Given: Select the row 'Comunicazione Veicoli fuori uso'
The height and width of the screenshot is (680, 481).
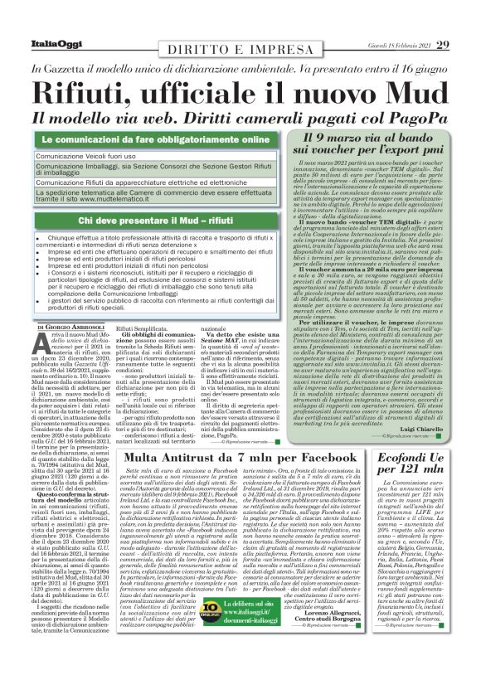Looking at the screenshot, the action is point(83,155).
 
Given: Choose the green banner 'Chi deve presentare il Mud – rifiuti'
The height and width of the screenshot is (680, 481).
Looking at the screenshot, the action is point(158,220).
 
